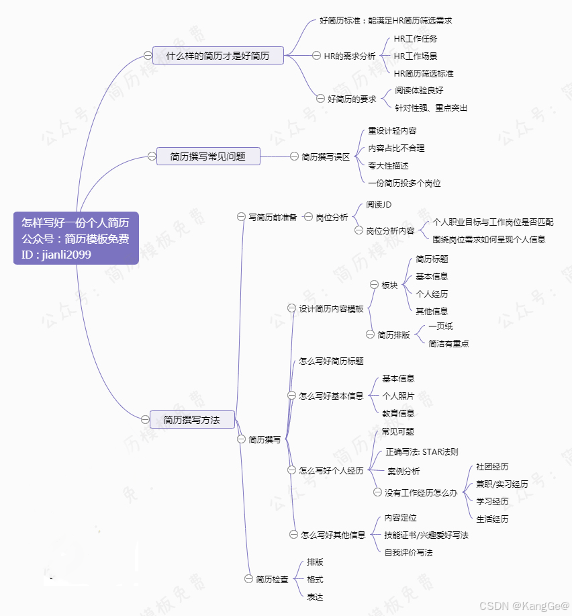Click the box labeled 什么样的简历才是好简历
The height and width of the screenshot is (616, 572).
pyautogui.click(x=218, y=56)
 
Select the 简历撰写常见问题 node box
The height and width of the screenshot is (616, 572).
pyautogui.click(x=207, y=157)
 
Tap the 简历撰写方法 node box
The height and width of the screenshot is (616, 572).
pyautogui.click(x=191, y=420)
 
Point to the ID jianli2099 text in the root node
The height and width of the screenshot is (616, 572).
pyautogui.click(x=56, y=255)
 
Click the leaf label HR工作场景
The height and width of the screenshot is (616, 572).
pyautogui.click(x=415, y=56)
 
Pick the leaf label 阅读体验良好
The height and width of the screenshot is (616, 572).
pyautogui.click(x=419, y=90)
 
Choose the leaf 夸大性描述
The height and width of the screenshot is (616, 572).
pyautogui.click(x=388, y=165)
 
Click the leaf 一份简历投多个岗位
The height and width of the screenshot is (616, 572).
pyautogui.click(x=404, y=183)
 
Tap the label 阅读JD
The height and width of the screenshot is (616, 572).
pyautogui.click(x=379, y=204)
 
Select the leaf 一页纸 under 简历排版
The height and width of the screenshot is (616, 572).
pyautogui.click(x=440, y=326)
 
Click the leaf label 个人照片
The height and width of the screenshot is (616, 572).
pyautogui.click(x=398, y=396)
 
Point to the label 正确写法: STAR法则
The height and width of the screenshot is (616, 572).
pyautogui.click(x=422, y=452)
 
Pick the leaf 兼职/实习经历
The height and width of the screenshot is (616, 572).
pyautogui.click(x=502, y=484)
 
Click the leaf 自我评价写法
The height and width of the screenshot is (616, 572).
pyautogui.click(x=408, y=553)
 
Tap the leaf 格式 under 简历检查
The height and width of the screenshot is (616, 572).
pyautogui.click(x=315, y=579)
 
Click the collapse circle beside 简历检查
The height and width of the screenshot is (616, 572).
pyautogui.click(x=248, y=579)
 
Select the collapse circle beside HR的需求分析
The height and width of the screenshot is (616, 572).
pyautogui.click(x=317, y=56)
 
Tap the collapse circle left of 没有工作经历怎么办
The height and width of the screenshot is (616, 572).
pyautogui.click(x=377, y=492)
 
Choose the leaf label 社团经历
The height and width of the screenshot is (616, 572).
pyautogui.click(x=492, y=466)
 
